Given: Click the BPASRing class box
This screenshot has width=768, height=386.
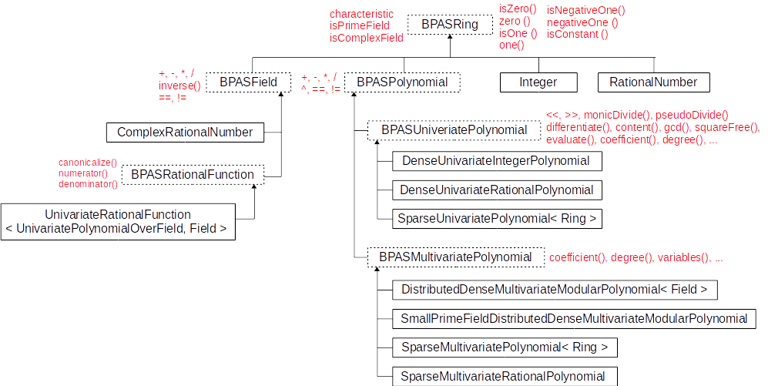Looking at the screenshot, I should [x=450, y=25].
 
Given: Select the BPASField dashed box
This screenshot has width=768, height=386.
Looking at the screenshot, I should [x=248, y=82].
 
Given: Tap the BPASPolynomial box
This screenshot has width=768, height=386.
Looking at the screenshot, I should [x=401, y=82].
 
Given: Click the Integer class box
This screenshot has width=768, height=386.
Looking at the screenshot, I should [x=538, y=82].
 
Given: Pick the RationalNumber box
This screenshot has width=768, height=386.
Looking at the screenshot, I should [x=653, y=82].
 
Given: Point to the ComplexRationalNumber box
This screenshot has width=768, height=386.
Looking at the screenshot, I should [x=185, y=132].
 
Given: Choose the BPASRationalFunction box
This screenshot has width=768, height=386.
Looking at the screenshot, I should [x=193, y=175].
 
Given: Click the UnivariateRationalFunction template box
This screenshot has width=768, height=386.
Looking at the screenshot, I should [x=118, y=222].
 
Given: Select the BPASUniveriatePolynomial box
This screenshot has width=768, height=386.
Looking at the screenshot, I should [x=454, y=130].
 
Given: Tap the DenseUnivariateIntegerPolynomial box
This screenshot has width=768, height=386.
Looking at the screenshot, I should [x=496, y=161].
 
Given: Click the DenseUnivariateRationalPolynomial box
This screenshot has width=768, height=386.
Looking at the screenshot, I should [x=497, y=190].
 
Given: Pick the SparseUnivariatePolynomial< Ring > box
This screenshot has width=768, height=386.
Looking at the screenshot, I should [x=497, y=219].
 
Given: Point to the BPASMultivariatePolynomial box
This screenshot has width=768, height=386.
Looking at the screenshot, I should [x=455, y=257].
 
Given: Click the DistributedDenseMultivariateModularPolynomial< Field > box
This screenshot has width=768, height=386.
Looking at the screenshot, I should [x=555, y=290].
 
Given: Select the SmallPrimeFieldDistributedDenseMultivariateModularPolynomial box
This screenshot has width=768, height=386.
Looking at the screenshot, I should [x=574, y=318].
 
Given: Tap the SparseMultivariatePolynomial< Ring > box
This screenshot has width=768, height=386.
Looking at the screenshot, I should [x=505, y=347].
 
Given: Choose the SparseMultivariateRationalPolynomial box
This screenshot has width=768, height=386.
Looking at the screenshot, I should [x=504, y=376].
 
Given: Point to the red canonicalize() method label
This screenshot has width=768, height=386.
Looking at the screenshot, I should [x=88, y=163].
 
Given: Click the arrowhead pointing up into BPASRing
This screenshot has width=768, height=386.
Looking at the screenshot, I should [x=450, y=39].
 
